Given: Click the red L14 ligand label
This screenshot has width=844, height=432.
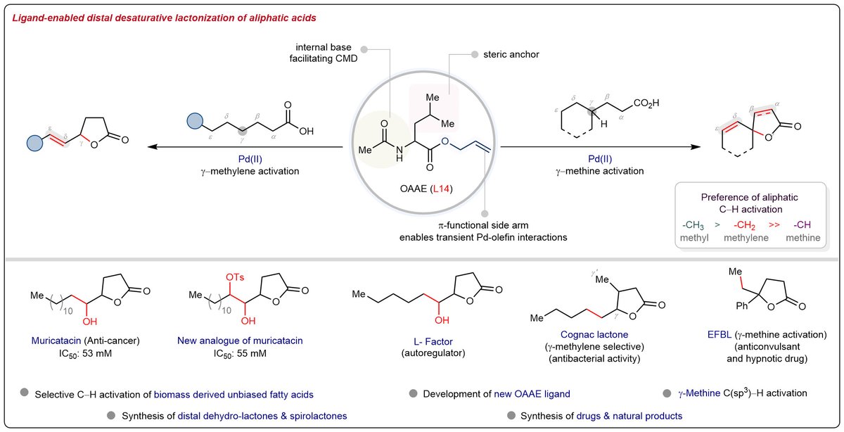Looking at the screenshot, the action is (440, 189).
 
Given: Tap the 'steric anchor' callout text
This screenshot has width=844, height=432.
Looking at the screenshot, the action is (511, 54).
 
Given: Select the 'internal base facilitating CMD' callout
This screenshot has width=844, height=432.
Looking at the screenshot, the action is (324, 53).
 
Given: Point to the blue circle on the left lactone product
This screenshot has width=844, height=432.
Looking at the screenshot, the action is (34, 144).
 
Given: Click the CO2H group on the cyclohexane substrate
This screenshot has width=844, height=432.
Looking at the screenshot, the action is (646, 103).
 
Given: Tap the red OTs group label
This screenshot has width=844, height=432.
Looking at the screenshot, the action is (235, 277).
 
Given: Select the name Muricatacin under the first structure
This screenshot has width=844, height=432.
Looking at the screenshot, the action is (56, 341).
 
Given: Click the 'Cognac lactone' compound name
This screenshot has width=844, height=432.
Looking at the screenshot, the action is (594, 334).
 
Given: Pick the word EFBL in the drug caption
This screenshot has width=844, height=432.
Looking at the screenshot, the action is (720, 334).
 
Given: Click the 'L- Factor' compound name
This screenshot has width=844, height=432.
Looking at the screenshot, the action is (433, 341).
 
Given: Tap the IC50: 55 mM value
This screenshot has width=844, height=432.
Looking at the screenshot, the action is (240, 354).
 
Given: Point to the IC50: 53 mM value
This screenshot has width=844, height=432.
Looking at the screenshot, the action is (85, 354).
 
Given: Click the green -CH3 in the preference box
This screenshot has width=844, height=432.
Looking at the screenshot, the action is (693, 225).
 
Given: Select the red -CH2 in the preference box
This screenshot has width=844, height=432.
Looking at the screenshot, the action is (744, 225).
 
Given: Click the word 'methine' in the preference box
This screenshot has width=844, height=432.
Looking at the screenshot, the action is (803, 238).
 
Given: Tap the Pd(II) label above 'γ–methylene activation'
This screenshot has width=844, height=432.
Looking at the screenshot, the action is (250, 159).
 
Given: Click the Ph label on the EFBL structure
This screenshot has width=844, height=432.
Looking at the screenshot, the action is (741, 306).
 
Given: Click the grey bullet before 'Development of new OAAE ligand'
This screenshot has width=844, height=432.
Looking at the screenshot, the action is (414, 393).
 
